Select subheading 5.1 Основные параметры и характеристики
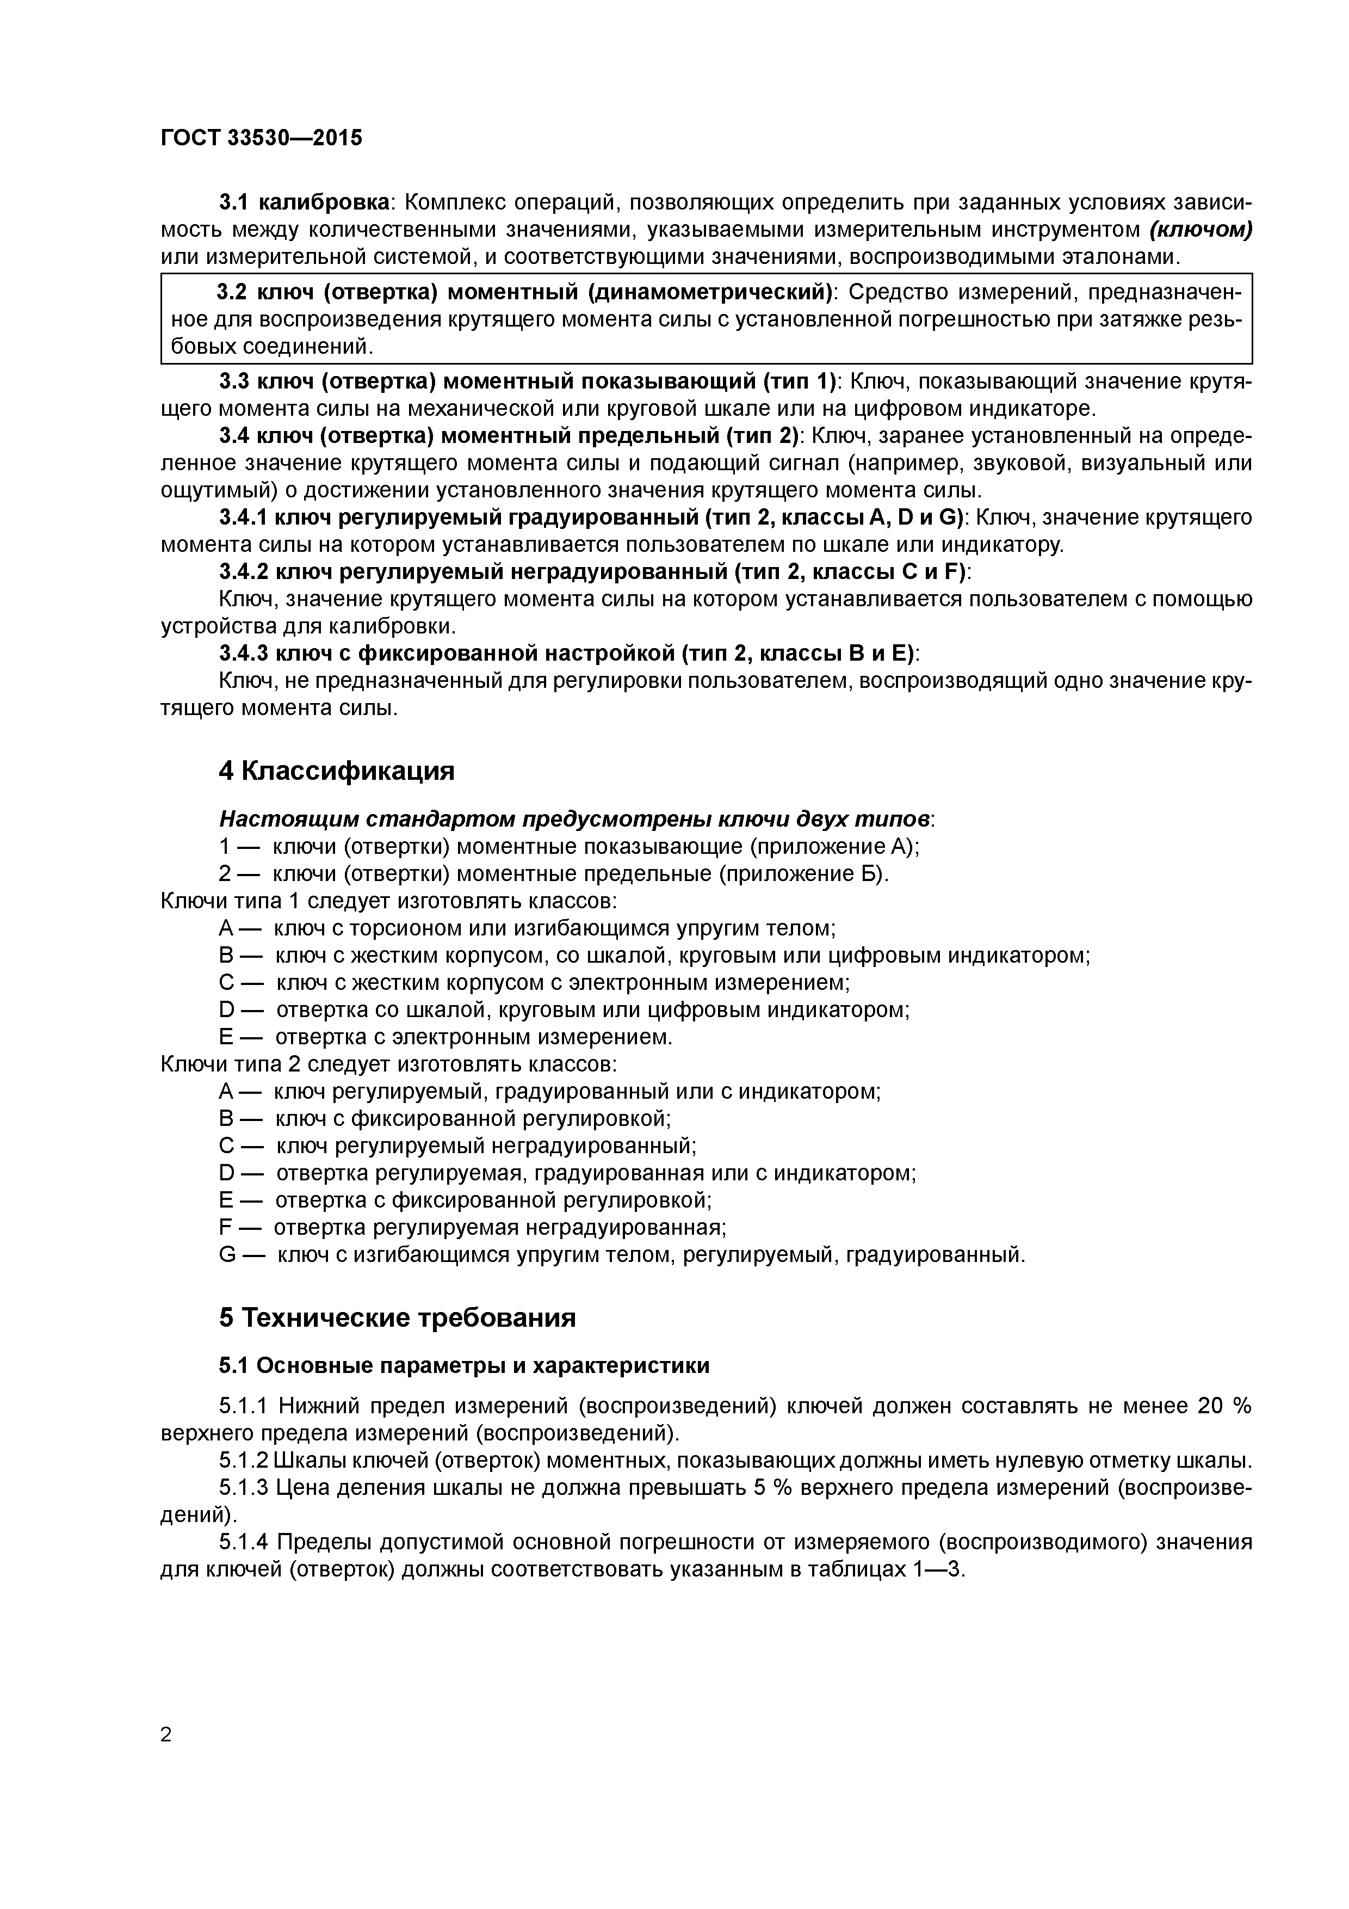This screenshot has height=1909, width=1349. (464, 1365)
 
